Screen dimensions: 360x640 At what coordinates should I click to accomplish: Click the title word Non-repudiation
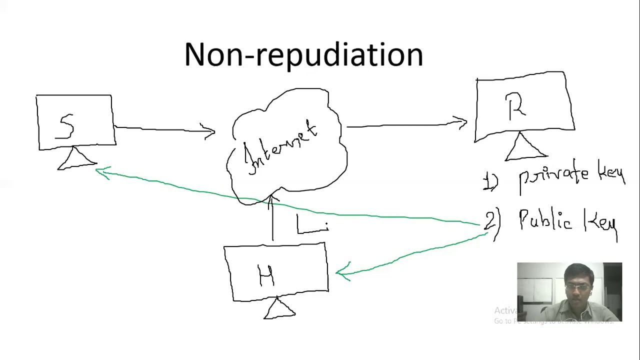(303, 55)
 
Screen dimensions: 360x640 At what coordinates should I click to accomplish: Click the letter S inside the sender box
(66, 126)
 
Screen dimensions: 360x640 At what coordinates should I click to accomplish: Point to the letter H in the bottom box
(266, 275)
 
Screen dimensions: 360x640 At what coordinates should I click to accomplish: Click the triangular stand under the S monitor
(76, 159)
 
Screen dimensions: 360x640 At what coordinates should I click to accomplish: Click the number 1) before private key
(490, 181)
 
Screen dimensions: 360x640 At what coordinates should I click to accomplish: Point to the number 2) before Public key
(491, 222)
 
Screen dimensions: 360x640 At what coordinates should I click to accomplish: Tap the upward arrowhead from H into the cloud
(272, 200)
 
